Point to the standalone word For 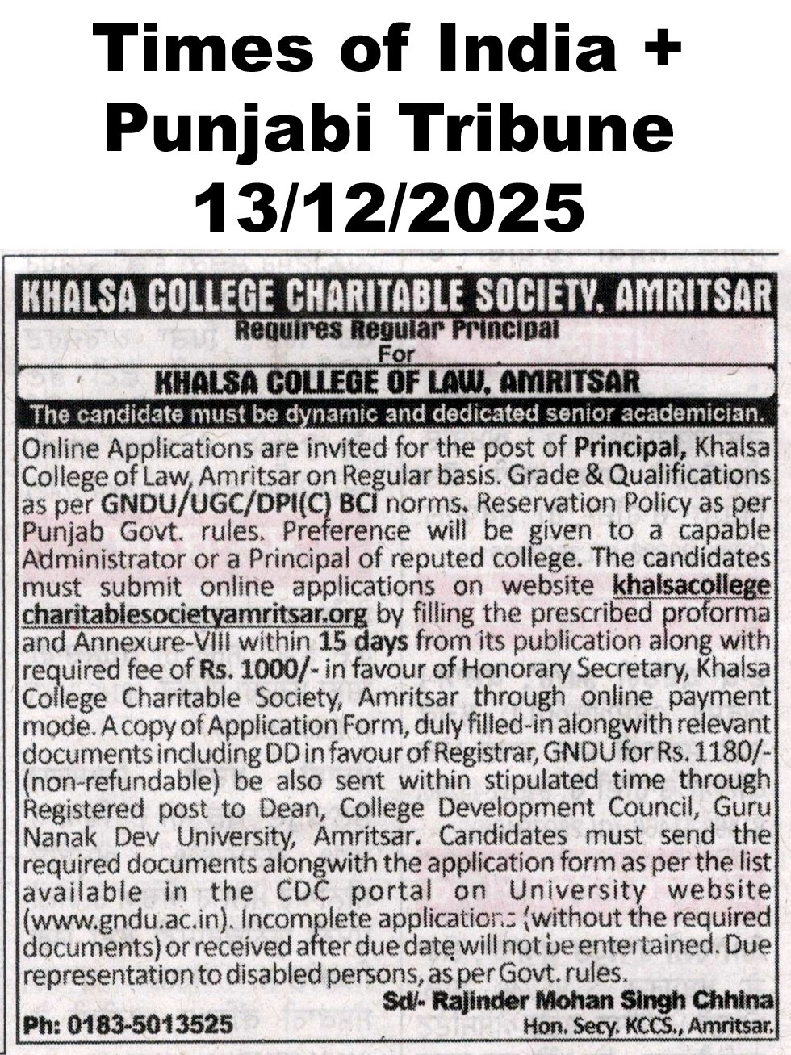pyautogui.click(x=395, y=354)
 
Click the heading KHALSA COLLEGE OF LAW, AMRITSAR pyautogui.click(x=395, y=382)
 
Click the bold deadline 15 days pyautogui.click(x=362, y=642)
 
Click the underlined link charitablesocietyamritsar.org pyautogui.click(x=195, y=614)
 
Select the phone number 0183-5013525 pyautogui.click(x=150, y=1026)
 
